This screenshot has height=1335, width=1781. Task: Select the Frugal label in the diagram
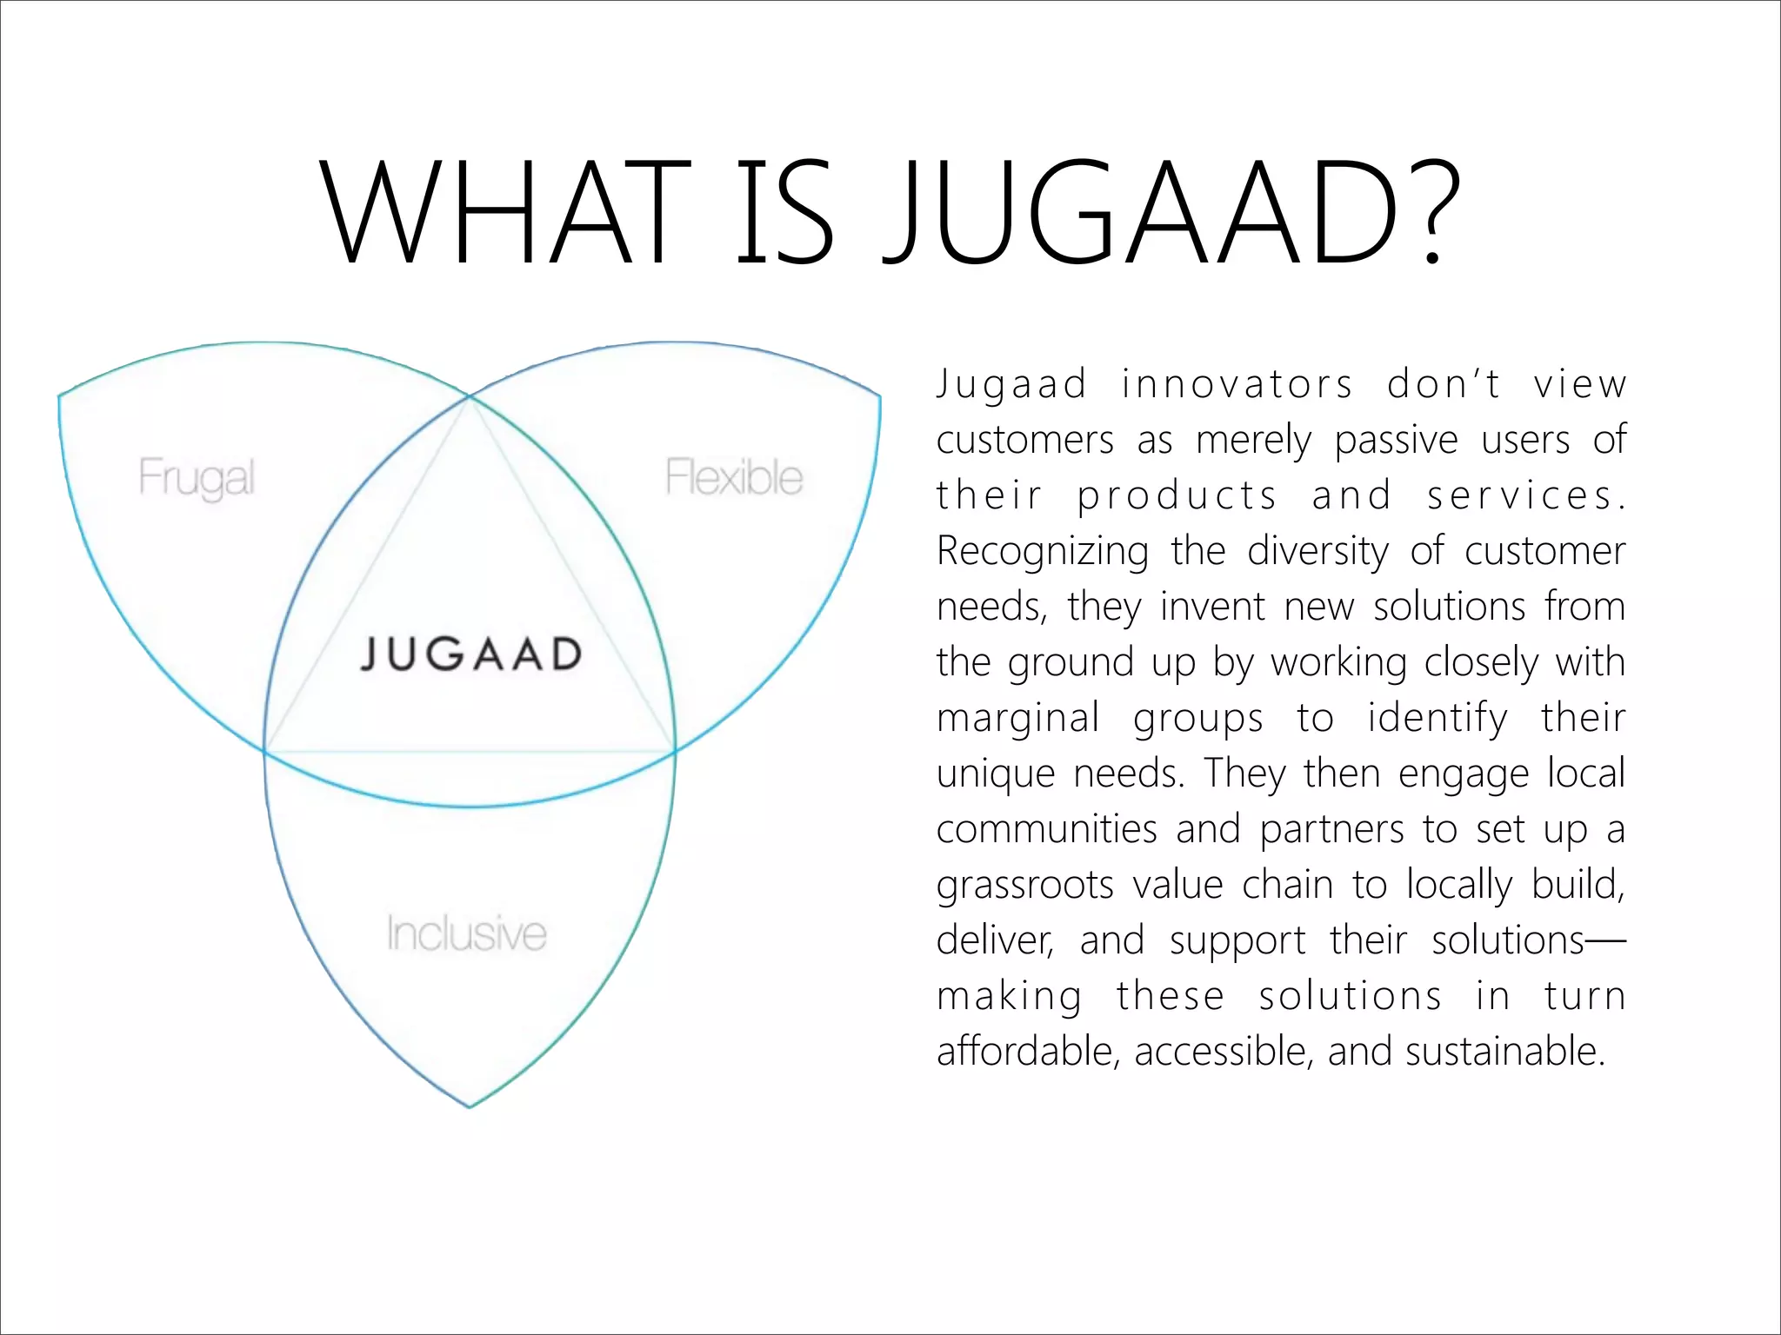click(197, 478)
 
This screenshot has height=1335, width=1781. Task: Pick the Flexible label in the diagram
click(734, 477)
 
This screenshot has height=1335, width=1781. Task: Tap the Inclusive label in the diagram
click(467, 933)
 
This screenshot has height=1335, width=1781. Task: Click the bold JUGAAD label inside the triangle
click(470, 654)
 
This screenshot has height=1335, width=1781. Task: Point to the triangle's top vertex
click(470, 397)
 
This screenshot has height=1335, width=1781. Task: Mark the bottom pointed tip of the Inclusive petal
click(470, 1106)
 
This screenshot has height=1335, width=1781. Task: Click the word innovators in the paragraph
click(1237, 384)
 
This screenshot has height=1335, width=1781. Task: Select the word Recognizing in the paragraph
click(1043, 551)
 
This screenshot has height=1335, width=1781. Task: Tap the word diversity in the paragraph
click(1318, 551)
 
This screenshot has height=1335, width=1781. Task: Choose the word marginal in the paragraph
click(1017, 718)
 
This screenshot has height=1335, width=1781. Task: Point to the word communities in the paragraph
click(1047, 829)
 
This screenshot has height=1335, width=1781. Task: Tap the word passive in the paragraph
click(1397, 440)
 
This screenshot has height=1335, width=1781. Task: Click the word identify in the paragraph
click(1437, 718)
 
